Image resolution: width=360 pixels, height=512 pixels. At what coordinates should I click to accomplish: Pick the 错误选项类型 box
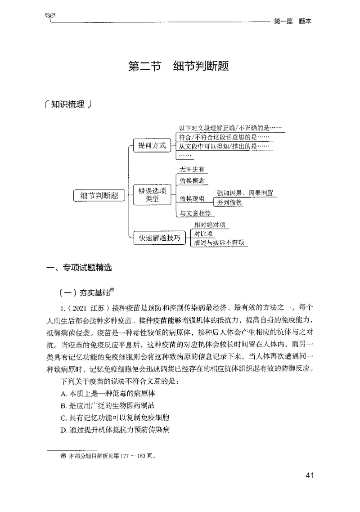tap(152, 195)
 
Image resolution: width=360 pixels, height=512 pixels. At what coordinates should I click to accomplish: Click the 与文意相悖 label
tap(195, 213)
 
